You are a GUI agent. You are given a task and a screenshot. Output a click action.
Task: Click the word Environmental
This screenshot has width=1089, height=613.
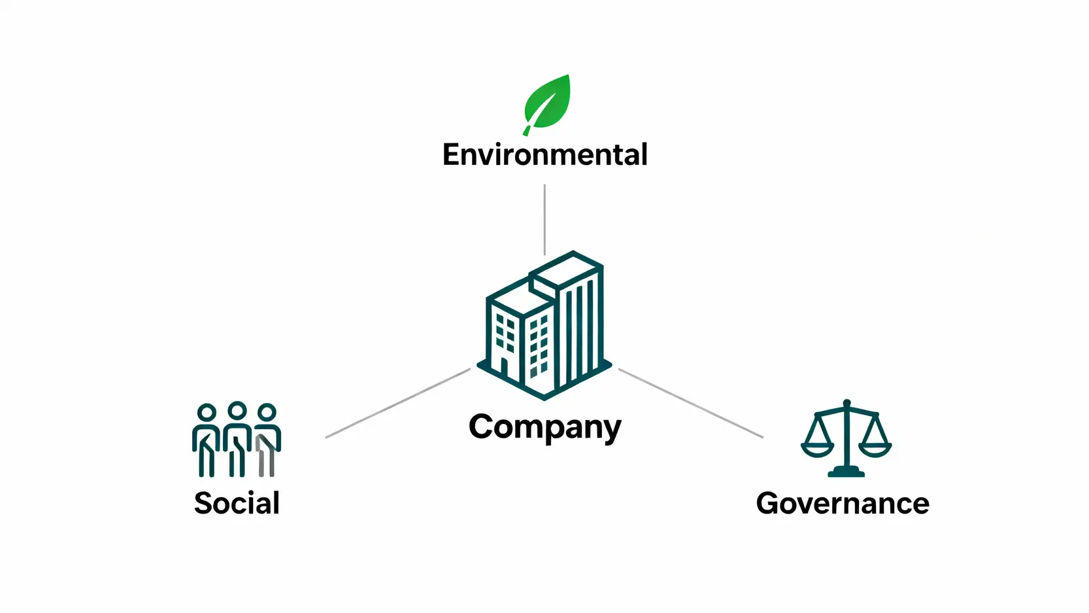pos(544,155)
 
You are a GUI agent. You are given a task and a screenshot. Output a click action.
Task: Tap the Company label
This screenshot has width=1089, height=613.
pos(544,428)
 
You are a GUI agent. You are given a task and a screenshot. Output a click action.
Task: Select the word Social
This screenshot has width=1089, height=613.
pos(237,503)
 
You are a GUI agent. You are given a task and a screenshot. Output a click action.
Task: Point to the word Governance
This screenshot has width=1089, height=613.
pos(842,503)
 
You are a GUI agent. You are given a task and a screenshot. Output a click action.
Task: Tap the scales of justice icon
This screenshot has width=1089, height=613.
pos(846,438)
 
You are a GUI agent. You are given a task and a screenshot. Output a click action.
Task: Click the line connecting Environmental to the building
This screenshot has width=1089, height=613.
pos(544,219)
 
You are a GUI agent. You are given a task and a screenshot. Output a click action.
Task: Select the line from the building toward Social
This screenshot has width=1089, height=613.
pos(397,403)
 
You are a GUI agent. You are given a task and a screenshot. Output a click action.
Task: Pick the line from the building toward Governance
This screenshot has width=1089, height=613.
pos(690,403)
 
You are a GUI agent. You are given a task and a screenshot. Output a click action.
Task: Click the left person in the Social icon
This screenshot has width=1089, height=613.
pos(207,440)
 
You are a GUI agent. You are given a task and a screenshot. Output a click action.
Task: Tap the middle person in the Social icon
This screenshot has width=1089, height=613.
pos(237,440)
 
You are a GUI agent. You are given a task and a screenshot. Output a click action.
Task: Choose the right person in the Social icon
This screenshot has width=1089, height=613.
pos(267,440)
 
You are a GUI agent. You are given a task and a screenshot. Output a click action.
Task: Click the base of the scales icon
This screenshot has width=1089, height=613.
pos(846,472)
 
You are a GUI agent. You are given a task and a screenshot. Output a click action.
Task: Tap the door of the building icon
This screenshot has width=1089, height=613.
pos(504,368)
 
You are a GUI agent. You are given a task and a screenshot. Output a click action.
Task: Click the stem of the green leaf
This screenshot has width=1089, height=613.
pos(527,128)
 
